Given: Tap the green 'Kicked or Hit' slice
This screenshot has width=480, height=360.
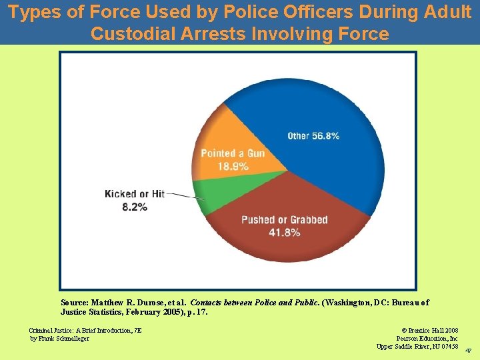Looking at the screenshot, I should (220, 197).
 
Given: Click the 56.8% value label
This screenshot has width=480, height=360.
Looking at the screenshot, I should (326, 136).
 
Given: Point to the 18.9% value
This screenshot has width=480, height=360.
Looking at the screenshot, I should (233, 166).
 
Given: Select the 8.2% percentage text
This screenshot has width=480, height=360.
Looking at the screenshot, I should (135, 207).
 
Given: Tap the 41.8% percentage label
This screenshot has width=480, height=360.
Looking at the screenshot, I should (284, 233).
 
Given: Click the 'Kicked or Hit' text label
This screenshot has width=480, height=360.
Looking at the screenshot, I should (135, 194).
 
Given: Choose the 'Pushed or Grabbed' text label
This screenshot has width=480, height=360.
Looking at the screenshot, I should (285, 220).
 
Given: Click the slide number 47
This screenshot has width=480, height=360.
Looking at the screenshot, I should (468, 351).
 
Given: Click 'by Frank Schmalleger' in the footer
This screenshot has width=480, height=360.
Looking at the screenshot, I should (59, 338).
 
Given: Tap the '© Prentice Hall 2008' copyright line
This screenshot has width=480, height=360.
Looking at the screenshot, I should (430, 330).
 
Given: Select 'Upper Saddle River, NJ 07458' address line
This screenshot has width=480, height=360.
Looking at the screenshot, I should (417, 346).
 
